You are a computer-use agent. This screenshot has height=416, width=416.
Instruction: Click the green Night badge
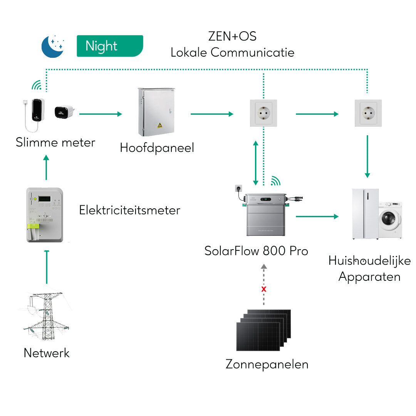110,46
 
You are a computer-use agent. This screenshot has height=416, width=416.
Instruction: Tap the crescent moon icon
52,46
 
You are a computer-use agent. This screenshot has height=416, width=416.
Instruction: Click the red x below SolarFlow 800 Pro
264,289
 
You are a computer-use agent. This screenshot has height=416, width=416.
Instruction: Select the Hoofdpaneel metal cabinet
156,112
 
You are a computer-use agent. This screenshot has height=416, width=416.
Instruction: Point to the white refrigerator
366,214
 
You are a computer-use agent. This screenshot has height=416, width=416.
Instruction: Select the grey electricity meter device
45,215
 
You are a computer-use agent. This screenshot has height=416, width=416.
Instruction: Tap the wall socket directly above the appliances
368,113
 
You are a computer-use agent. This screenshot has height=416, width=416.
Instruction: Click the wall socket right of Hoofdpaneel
263,113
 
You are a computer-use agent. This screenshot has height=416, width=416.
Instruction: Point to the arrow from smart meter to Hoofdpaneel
100,114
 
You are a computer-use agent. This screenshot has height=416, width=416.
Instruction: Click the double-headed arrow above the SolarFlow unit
255,163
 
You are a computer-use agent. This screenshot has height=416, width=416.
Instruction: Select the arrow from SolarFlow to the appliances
317,216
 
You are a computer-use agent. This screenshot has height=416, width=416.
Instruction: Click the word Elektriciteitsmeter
129,210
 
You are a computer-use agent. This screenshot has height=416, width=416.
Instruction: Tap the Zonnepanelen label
267,364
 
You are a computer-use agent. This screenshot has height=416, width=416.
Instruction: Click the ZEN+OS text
232,36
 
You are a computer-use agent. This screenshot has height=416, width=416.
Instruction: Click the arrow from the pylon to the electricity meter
47,267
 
